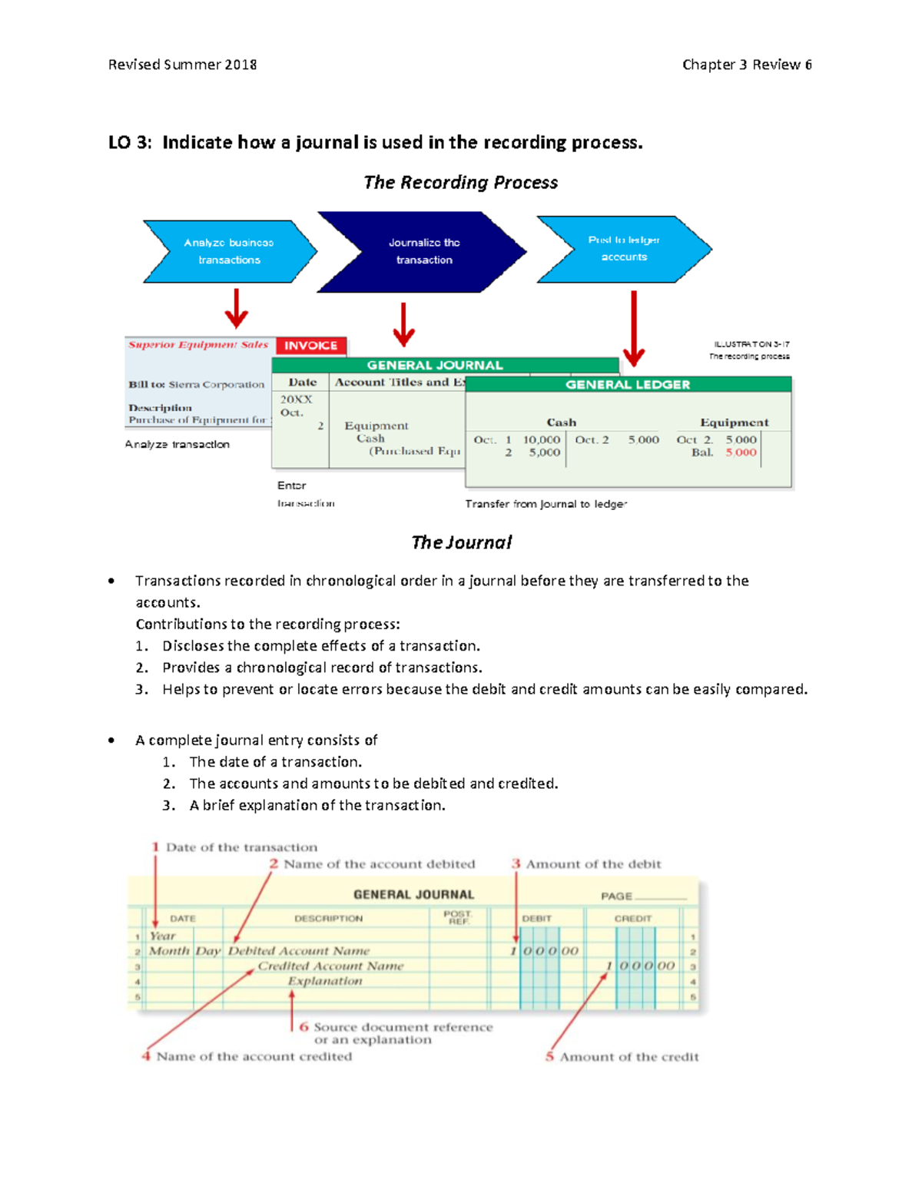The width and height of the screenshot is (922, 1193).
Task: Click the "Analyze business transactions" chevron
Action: coord(229,251)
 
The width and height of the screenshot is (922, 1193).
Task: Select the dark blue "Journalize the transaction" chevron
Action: coord(423,251)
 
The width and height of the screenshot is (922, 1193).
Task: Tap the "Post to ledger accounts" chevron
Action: coord(624,249)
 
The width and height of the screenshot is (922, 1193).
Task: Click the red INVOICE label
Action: coord(311,346)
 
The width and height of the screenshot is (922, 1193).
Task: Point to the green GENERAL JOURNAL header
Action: coord(435,366)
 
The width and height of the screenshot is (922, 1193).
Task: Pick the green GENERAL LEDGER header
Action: coord(628,384)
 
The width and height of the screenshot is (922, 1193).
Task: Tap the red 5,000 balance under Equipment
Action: coord(741,452)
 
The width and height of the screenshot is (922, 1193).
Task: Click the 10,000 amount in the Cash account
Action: coord(542,440)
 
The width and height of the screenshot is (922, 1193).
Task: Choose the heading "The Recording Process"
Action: coord(461,183)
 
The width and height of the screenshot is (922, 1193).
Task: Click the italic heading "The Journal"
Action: coord(461,542)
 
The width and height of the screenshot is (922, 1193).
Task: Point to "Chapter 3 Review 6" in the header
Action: coord(747,65)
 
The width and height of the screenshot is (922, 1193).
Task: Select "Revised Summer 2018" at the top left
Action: coord(183,65)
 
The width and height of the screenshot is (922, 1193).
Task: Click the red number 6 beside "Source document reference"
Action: coord(304,1026)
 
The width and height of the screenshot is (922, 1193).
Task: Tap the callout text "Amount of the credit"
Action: coord(629,1057)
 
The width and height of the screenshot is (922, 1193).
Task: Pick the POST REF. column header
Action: coord(457,917)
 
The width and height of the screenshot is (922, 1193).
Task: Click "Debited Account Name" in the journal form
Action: coord(299,951)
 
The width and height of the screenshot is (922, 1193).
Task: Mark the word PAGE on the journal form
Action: coord(617,896)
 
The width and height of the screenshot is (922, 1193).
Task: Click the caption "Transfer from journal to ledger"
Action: coord(546,504)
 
